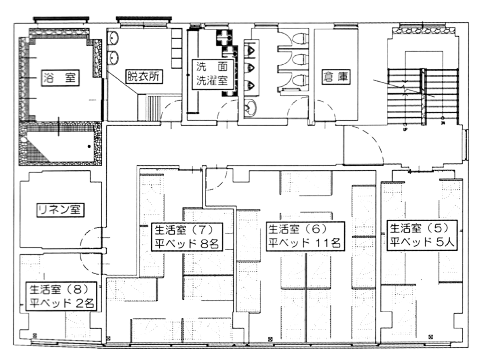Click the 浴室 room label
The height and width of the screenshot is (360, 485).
tap(60, 78)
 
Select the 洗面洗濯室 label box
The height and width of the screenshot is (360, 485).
tap(213, 74)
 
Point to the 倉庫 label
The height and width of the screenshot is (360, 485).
tap(336, 77)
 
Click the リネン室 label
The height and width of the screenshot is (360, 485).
tap(60, 210)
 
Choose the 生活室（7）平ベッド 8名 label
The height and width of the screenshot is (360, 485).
tap(187, 237)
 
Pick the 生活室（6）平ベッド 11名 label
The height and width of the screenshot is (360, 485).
tap(305, 236)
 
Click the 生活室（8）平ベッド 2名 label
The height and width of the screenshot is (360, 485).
tap(61, 296)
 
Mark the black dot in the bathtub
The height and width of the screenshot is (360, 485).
tap(89, 146)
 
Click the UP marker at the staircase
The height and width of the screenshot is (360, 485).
tap(404, 129)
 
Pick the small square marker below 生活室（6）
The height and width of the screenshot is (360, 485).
tap(270, 339)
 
